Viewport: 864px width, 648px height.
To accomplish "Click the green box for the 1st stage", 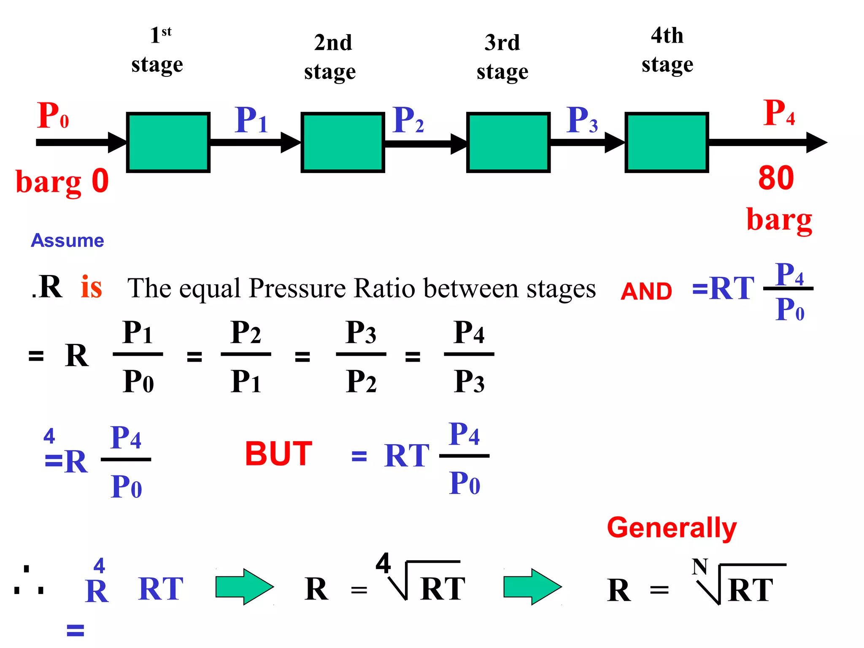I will pos(168,142).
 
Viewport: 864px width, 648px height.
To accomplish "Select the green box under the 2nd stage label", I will pos(343,142).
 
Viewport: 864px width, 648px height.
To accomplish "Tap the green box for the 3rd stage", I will pos(508,142).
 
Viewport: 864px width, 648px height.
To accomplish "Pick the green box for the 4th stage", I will pos(667,142).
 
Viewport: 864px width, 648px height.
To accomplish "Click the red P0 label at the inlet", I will pos(52,116).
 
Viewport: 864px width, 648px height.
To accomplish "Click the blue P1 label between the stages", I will pos(251,120).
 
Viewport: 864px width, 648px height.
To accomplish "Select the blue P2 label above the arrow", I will pos(408,120).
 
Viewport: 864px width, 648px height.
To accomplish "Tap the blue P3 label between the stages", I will pos(582,120).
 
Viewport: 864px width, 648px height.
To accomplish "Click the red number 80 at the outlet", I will pos(776,178).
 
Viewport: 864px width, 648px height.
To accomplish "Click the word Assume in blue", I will pos(67,240).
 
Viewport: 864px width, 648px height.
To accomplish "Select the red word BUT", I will pos(278,454).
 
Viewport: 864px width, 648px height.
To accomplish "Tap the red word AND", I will pos(646,292).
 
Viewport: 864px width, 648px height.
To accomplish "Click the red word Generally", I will pos(672,528).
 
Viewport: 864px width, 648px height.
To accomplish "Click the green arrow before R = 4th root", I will pos(244,586).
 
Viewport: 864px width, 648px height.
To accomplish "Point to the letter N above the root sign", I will pos(699,567).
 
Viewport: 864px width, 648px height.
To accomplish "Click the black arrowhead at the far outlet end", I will pos(816,143).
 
